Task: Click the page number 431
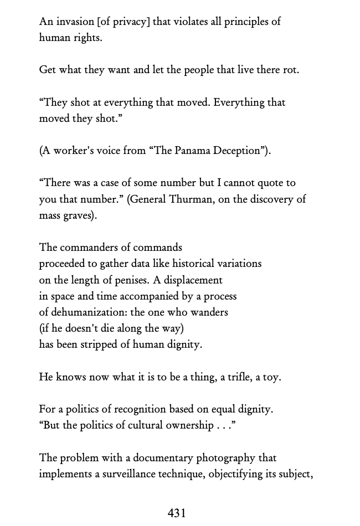tap(177, 513)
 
